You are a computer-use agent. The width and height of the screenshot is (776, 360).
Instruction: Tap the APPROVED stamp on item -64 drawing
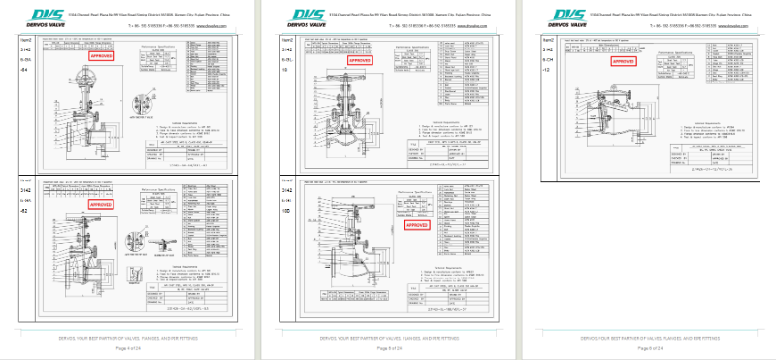pos(102,57)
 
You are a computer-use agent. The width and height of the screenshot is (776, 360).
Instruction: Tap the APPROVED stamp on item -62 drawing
pos(101,206)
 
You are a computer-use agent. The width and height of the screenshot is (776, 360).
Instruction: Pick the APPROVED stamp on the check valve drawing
pos(624,61)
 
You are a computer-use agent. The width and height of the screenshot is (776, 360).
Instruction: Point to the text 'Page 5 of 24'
pos(387,347)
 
